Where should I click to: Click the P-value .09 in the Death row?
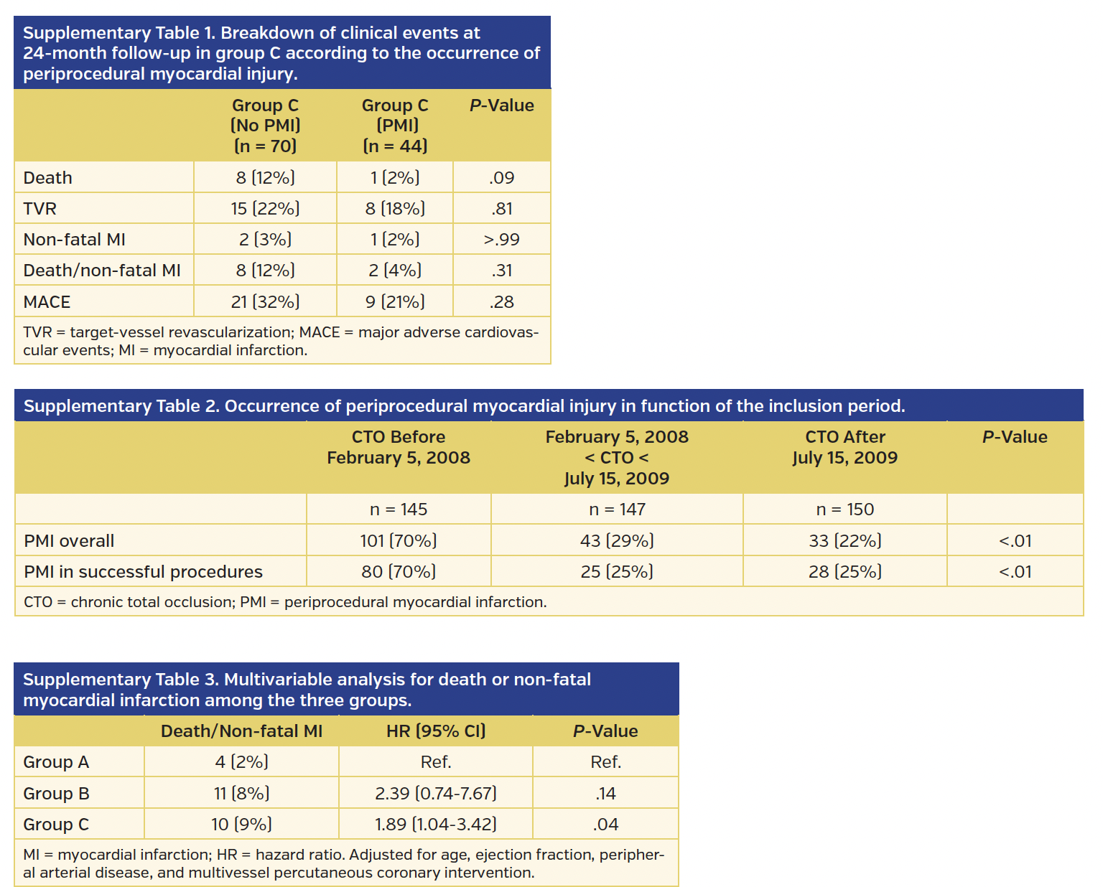(x=501, y=177)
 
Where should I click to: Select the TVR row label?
(x=39, y=209)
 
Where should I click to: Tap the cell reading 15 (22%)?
(x=265, y=209)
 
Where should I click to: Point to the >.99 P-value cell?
(x=501, y=240)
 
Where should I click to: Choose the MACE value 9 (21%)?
(x=395, y=302)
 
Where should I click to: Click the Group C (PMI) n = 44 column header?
(x=395, y=126)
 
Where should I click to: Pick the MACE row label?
(x=47, y=302)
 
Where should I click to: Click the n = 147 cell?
(x=617, y=510)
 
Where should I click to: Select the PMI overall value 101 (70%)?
(x=399, y=540)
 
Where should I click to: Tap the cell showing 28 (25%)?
(x=844, y=572)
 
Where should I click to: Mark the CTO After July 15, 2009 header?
(x=844, y=447)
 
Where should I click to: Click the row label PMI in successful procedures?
(x=143, y=572)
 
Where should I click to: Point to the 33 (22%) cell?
(x=844, y=540)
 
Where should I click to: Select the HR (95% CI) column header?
(x=436, y=731)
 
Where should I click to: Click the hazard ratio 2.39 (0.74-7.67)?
(x=436, y=794)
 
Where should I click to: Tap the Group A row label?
(x=56, y=762)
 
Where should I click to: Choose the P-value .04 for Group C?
(x=605, y=825)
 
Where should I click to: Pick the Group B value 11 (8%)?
(x=241, y=794)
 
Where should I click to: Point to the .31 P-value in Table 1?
(x=501, y=271)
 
